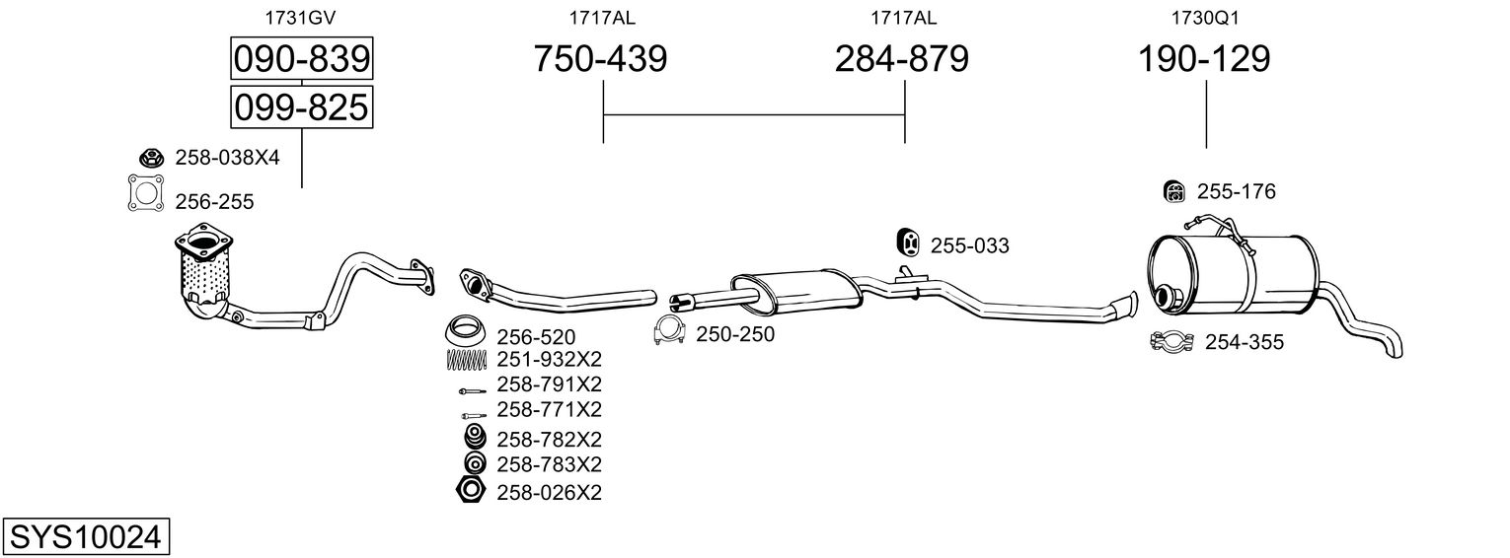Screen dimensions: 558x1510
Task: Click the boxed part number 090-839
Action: click(301, 59)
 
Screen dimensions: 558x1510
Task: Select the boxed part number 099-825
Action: click(301, 106)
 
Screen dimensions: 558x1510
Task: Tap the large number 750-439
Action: click(600, 59)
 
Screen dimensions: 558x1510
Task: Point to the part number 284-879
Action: click(902, 59)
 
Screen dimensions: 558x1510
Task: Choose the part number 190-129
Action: click(1204, 59)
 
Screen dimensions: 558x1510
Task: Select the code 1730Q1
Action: click(1204, 16)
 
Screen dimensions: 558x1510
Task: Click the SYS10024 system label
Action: click(84, 536)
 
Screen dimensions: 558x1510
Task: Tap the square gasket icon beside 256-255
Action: click(145, 192)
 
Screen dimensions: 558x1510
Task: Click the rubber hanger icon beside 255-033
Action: click(907, 242)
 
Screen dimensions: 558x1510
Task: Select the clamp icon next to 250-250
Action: click(670, 333)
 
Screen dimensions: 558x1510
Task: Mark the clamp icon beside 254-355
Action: click(1172, 342)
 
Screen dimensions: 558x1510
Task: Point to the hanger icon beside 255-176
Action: click(1173, 191)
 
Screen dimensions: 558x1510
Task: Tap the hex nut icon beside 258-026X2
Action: click(469, 490)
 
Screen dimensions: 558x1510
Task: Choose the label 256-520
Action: click(535, 337)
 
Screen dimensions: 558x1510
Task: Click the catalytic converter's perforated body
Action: click(205, 277)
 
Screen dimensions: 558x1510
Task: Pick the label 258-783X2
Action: click(549, 463)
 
